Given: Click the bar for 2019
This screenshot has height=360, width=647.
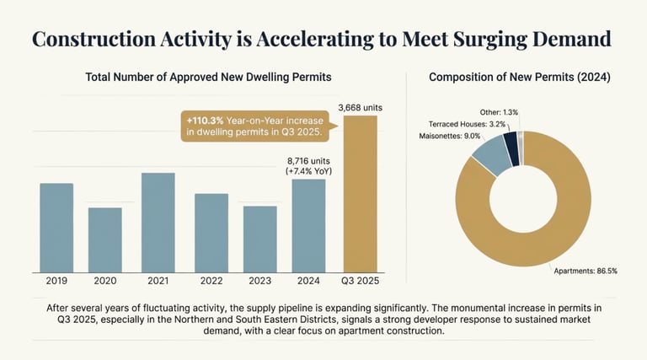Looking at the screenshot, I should coord(56,227).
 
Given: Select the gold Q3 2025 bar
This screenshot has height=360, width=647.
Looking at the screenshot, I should coord(359,193).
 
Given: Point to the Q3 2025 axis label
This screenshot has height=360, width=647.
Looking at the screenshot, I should coord(359,281).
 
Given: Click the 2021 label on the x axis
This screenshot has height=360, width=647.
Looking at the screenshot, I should coord(158,281).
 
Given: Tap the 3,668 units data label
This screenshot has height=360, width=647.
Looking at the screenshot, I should coord(360,107).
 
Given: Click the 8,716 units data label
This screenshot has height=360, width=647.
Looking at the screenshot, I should coord(309,159).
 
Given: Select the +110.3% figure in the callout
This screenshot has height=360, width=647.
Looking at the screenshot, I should coord(205,121).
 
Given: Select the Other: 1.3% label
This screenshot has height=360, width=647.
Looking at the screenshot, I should coord(500,111).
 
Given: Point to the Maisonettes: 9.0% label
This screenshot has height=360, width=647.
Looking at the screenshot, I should coord(449,136).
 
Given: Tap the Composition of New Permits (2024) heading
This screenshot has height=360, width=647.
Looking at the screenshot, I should coord(519,78).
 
